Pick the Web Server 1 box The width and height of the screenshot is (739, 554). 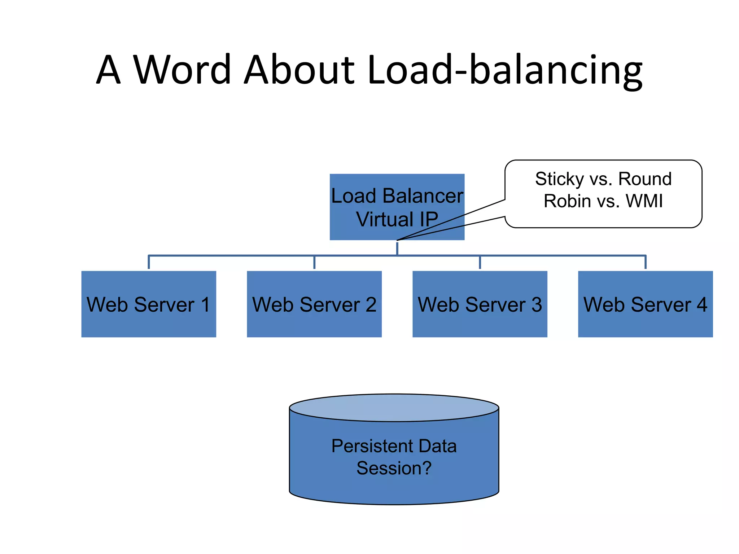149,323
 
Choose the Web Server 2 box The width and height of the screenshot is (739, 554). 314,323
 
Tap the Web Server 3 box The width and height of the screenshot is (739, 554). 480,323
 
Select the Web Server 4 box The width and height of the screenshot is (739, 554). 645,323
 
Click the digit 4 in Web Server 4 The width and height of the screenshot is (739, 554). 701,304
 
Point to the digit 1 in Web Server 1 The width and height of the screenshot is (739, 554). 205,304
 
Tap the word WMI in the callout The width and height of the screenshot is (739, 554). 644,201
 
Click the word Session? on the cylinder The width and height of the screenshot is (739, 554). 394,468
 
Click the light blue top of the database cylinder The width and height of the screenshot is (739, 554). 394,408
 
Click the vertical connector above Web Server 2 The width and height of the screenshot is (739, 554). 314,262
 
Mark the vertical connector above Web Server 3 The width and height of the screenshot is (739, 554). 480,262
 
